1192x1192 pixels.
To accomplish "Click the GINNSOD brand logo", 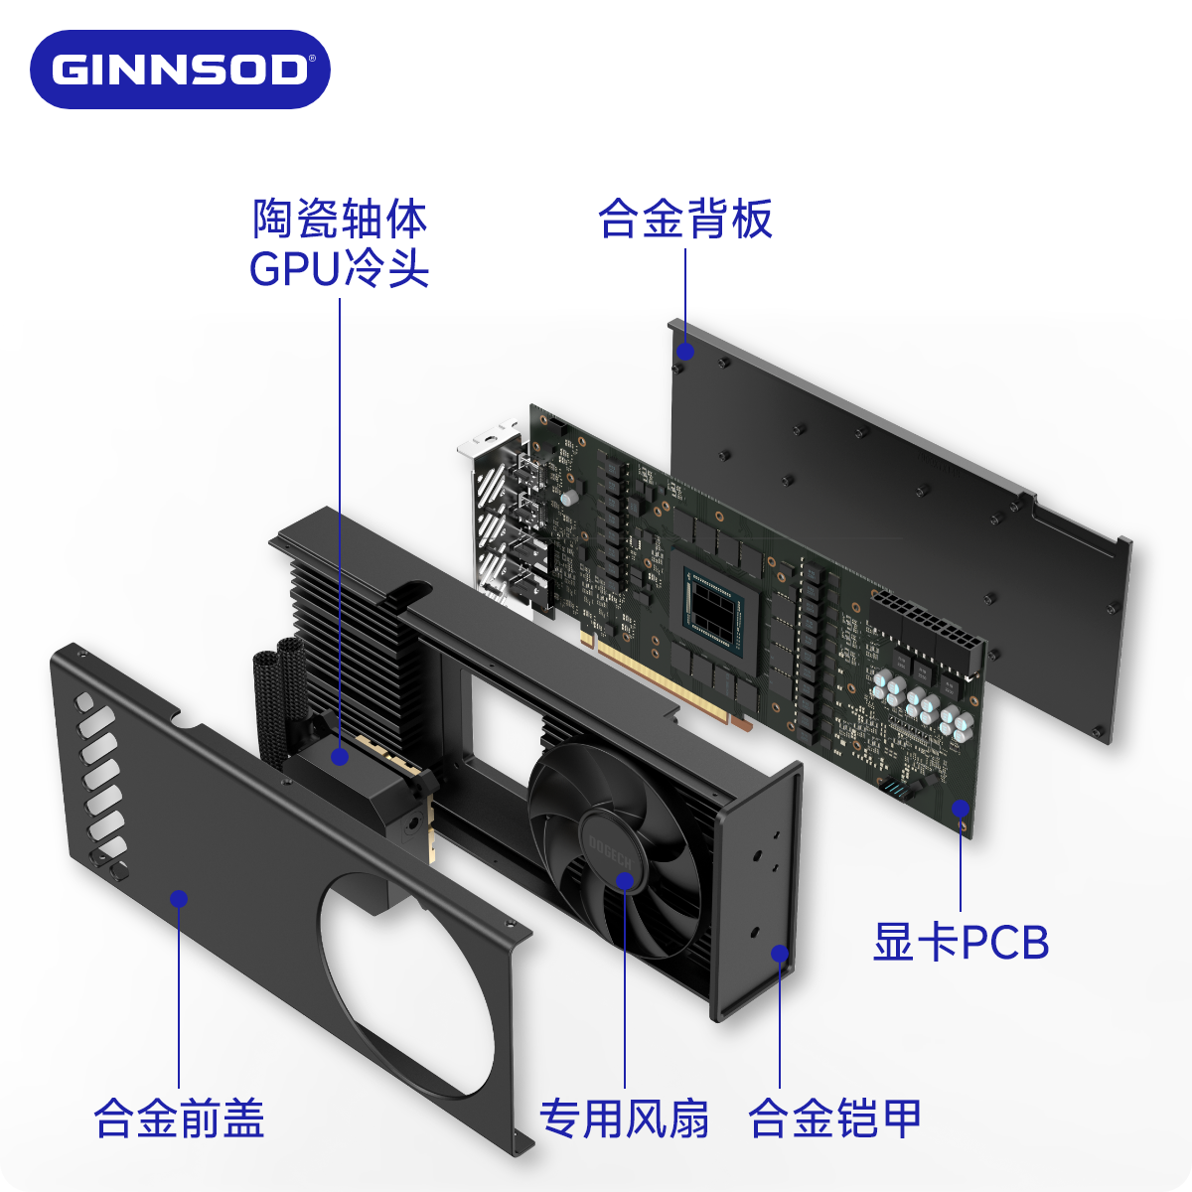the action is [x=180, y=70].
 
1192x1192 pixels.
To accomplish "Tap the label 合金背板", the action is [x=684, y=220].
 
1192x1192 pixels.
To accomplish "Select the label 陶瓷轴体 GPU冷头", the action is [x=340, y=244].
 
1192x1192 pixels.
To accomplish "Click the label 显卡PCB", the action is [x=961, y=942].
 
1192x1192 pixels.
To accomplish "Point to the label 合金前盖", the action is [x=179, y=1118].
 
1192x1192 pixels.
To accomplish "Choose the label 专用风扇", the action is [x=624, y=1118].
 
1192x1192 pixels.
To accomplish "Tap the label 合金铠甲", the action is [x=834, y=1118].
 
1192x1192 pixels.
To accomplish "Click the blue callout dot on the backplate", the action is [x=685, y=352].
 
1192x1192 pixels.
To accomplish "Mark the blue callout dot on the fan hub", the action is [x=625, y=880].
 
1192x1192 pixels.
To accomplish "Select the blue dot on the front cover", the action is [x=179, y=899].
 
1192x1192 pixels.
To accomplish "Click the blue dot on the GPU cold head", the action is [x=340, y=757].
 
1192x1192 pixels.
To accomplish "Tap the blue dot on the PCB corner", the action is [x=961, y=808].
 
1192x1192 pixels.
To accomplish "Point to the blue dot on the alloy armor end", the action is [x=780, y=955].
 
